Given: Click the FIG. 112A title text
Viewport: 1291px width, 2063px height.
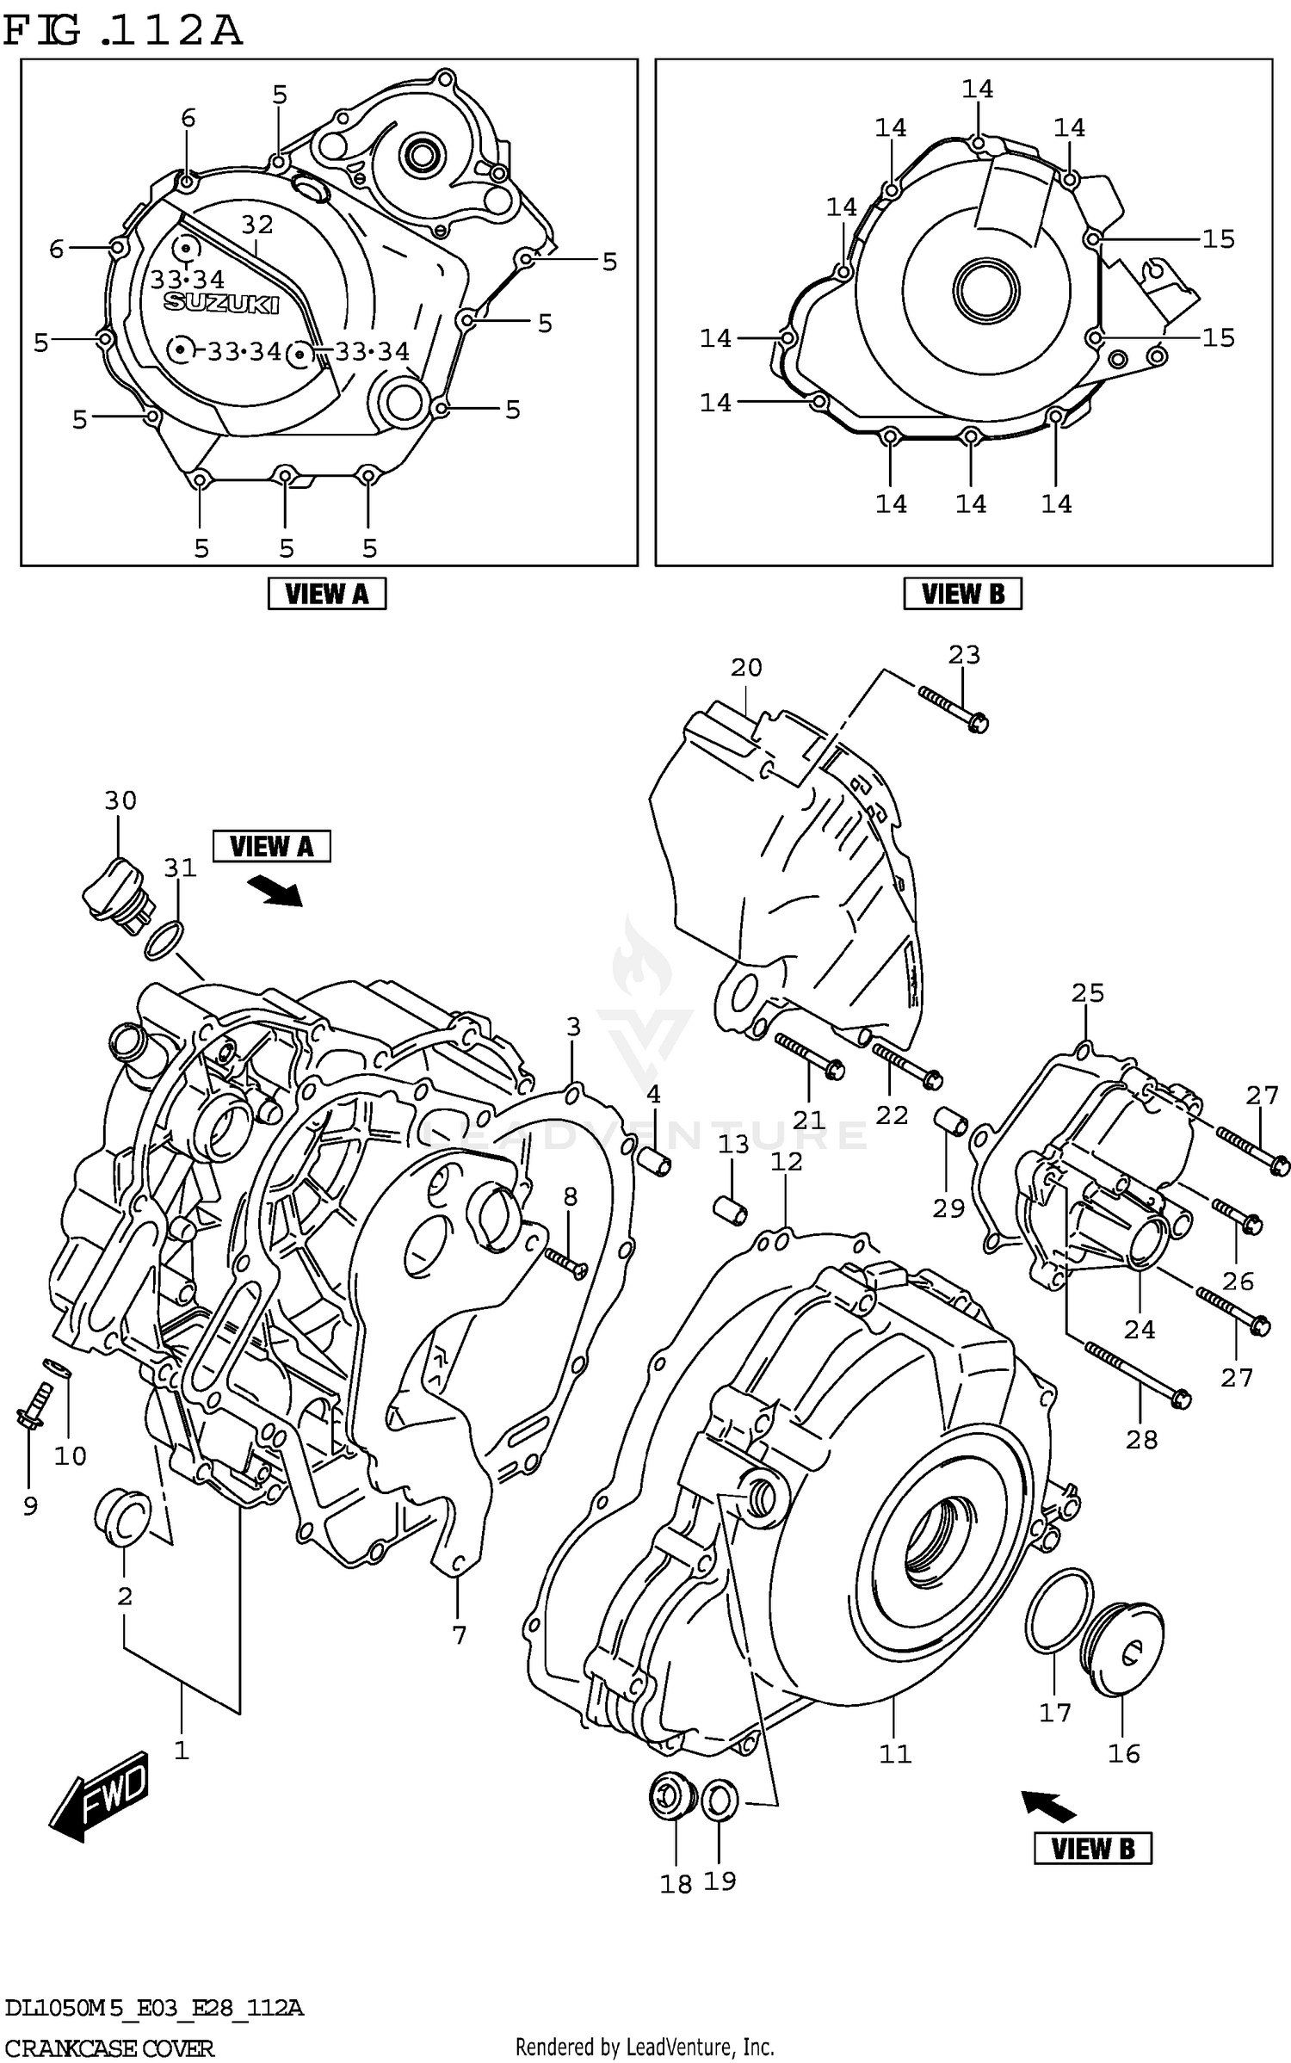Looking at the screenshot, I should pos(123,31).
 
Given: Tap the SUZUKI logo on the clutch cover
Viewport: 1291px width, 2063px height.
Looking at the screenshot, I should pos(222,302).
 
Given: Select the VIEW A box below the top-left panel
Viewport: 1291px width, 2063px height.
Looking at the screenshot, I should pos(326,594).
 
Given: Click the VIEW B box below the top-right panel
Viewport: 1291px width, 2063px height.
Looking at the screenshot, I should pos(962,594).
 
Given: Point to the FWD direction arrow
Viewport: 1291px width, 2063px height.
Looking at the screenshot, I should pos(99,1795).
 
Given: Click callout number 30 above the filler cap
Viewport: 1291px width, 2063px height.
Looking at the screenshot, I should pos(120,800).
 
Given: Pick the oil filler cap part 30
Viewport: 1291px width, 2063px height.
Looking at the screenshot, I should pos(118,895).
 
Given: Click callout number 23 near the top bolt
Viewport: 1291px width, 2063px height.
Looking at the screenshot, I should pos(964,655).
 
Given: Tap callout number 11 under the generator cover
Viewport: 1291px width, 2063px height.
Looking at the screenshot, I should pos(895,1753).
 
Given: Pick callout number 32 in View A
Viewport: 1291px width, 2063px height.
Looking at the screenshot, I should pos(256,225).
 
